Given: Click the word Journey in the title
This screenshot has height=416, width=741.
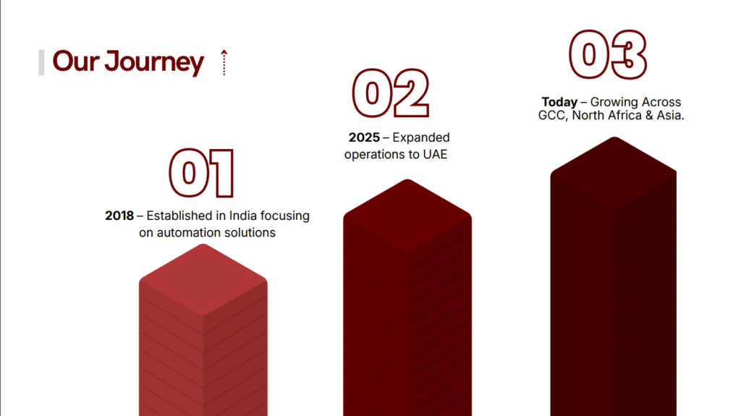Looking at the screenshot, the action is click(x=154, y=63).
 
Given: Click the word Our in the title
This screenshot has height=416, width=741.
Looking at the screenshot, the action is click(x=75, y=61).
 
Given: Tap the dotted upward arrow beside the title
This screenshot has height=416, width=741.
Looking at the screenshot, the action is click(x=224, y=62).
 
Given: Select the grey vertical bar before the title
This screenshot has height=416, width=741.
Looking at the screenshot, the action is click(x=41, y=62).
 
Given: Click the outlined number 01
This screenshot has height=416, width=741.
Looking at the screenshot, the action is click(x=201, y=173).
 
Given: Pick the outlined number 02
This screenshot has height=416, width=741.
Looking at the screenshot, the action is click(x=391, y=93).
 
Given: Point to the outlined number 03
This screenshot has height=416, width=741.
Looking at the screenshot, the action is click(x=608, y=54).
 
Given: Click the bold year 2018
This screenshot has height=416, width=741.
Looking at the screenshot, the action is click(x=119, y=216).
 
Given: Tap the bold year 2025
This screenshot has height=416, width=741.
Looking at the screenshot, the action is click(x=364, y=137).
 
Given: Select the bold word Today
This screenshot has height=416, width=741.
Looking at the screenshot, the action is click(x=559, y=102).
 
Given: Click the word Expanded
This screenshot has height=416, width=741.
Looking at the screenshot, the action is click(x=421, y=138).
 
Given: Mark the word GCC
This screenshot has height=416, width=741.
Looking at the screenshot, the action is click(x=552, y=115).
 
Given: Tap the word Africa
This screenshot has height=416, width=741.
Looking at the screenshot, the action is click(x=623, y=115).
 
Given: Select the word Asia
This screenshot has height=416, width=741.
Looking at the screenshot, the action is click(x=670, y=115).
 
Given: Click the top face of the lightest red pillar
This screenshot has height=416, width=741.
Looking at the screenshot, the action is click(x=203, y=280).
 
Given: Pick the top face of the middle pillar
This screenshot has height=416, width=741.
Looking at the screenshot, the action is click(x=407, y=215).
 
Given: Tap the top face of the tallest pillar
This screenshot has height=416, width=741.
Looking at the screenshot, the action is click(x=614, y=172).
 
